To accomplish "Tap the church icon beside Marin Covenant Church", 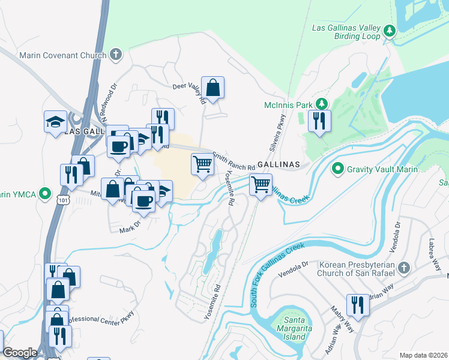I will (116, 55).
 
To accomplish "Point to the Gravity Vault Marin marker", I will (337, 169).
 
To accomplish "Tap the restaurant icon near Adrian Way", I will (358, 304).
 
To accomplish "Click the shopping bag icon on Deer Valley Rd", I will (212, 88).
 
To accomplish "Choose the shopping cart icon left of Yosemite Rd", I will (203, 164).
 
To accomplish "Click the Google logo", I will (20, 353).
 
